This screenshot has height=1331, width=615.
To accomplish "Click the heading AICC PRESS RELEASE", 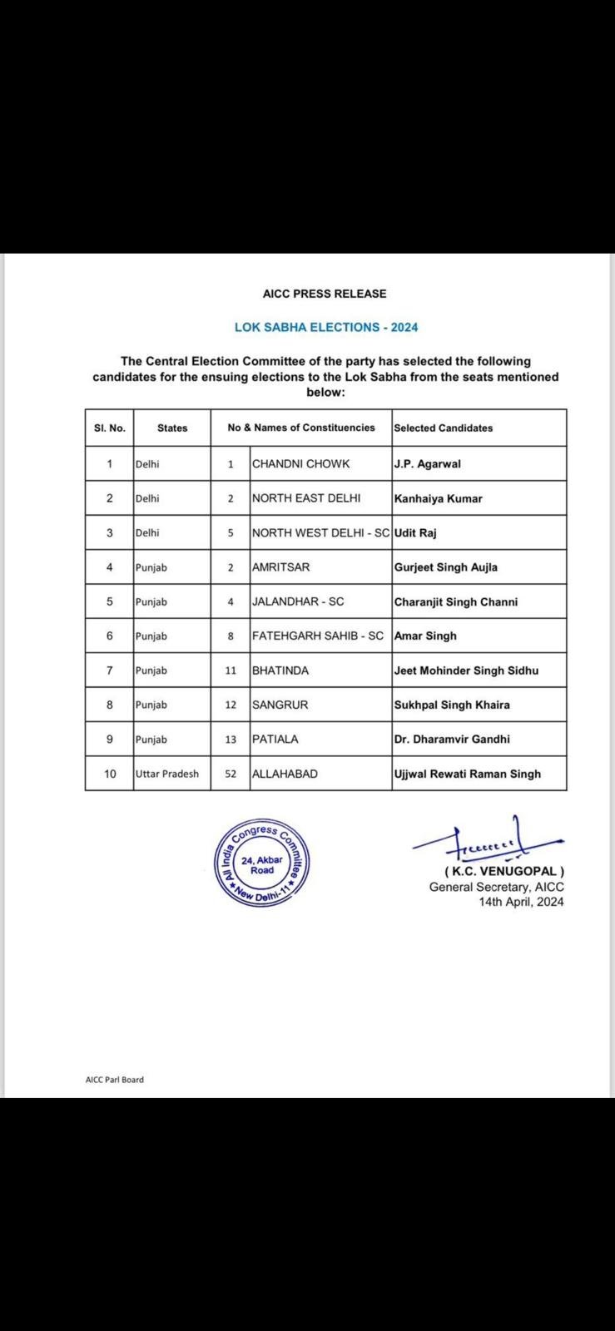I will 325,294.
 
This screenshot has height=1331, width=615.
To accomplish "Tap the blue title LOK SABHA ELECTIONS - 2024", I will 326,327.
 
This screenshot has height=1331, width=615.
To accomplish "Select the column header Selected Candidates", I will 443,428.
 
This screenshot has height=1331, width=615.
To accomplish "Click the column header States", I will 172,428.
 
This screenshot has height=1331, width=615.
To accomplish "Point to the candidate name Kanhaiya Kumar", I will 438,498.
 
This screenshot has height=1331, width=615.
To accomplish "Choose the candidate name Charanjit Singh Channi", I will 455,601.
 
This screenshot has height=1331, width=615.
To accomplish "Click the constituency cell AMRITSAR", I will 280,567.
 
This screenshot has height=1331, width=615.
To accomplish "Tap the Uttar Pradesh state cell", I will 167,774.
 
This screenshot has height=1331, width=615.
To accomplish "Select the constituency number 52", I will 231,774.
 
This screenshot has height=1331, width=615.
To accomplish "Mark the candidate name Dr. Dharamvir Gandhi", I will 452,739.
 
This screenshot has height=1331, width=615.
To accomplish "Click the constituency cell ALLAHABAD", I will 285,774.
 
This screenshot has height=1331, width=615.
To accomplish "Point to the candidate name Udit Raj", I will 415,532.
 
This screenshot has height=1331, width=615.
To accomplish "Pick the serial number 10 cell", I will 110,774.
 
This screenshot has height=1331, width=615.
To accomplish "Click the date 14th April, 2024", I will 521,901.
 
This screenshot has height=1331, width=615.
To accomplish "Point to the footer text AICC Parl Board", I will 114,1080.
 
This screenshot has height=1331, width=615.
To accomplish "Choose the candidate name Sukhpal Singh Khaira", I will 452,705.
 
